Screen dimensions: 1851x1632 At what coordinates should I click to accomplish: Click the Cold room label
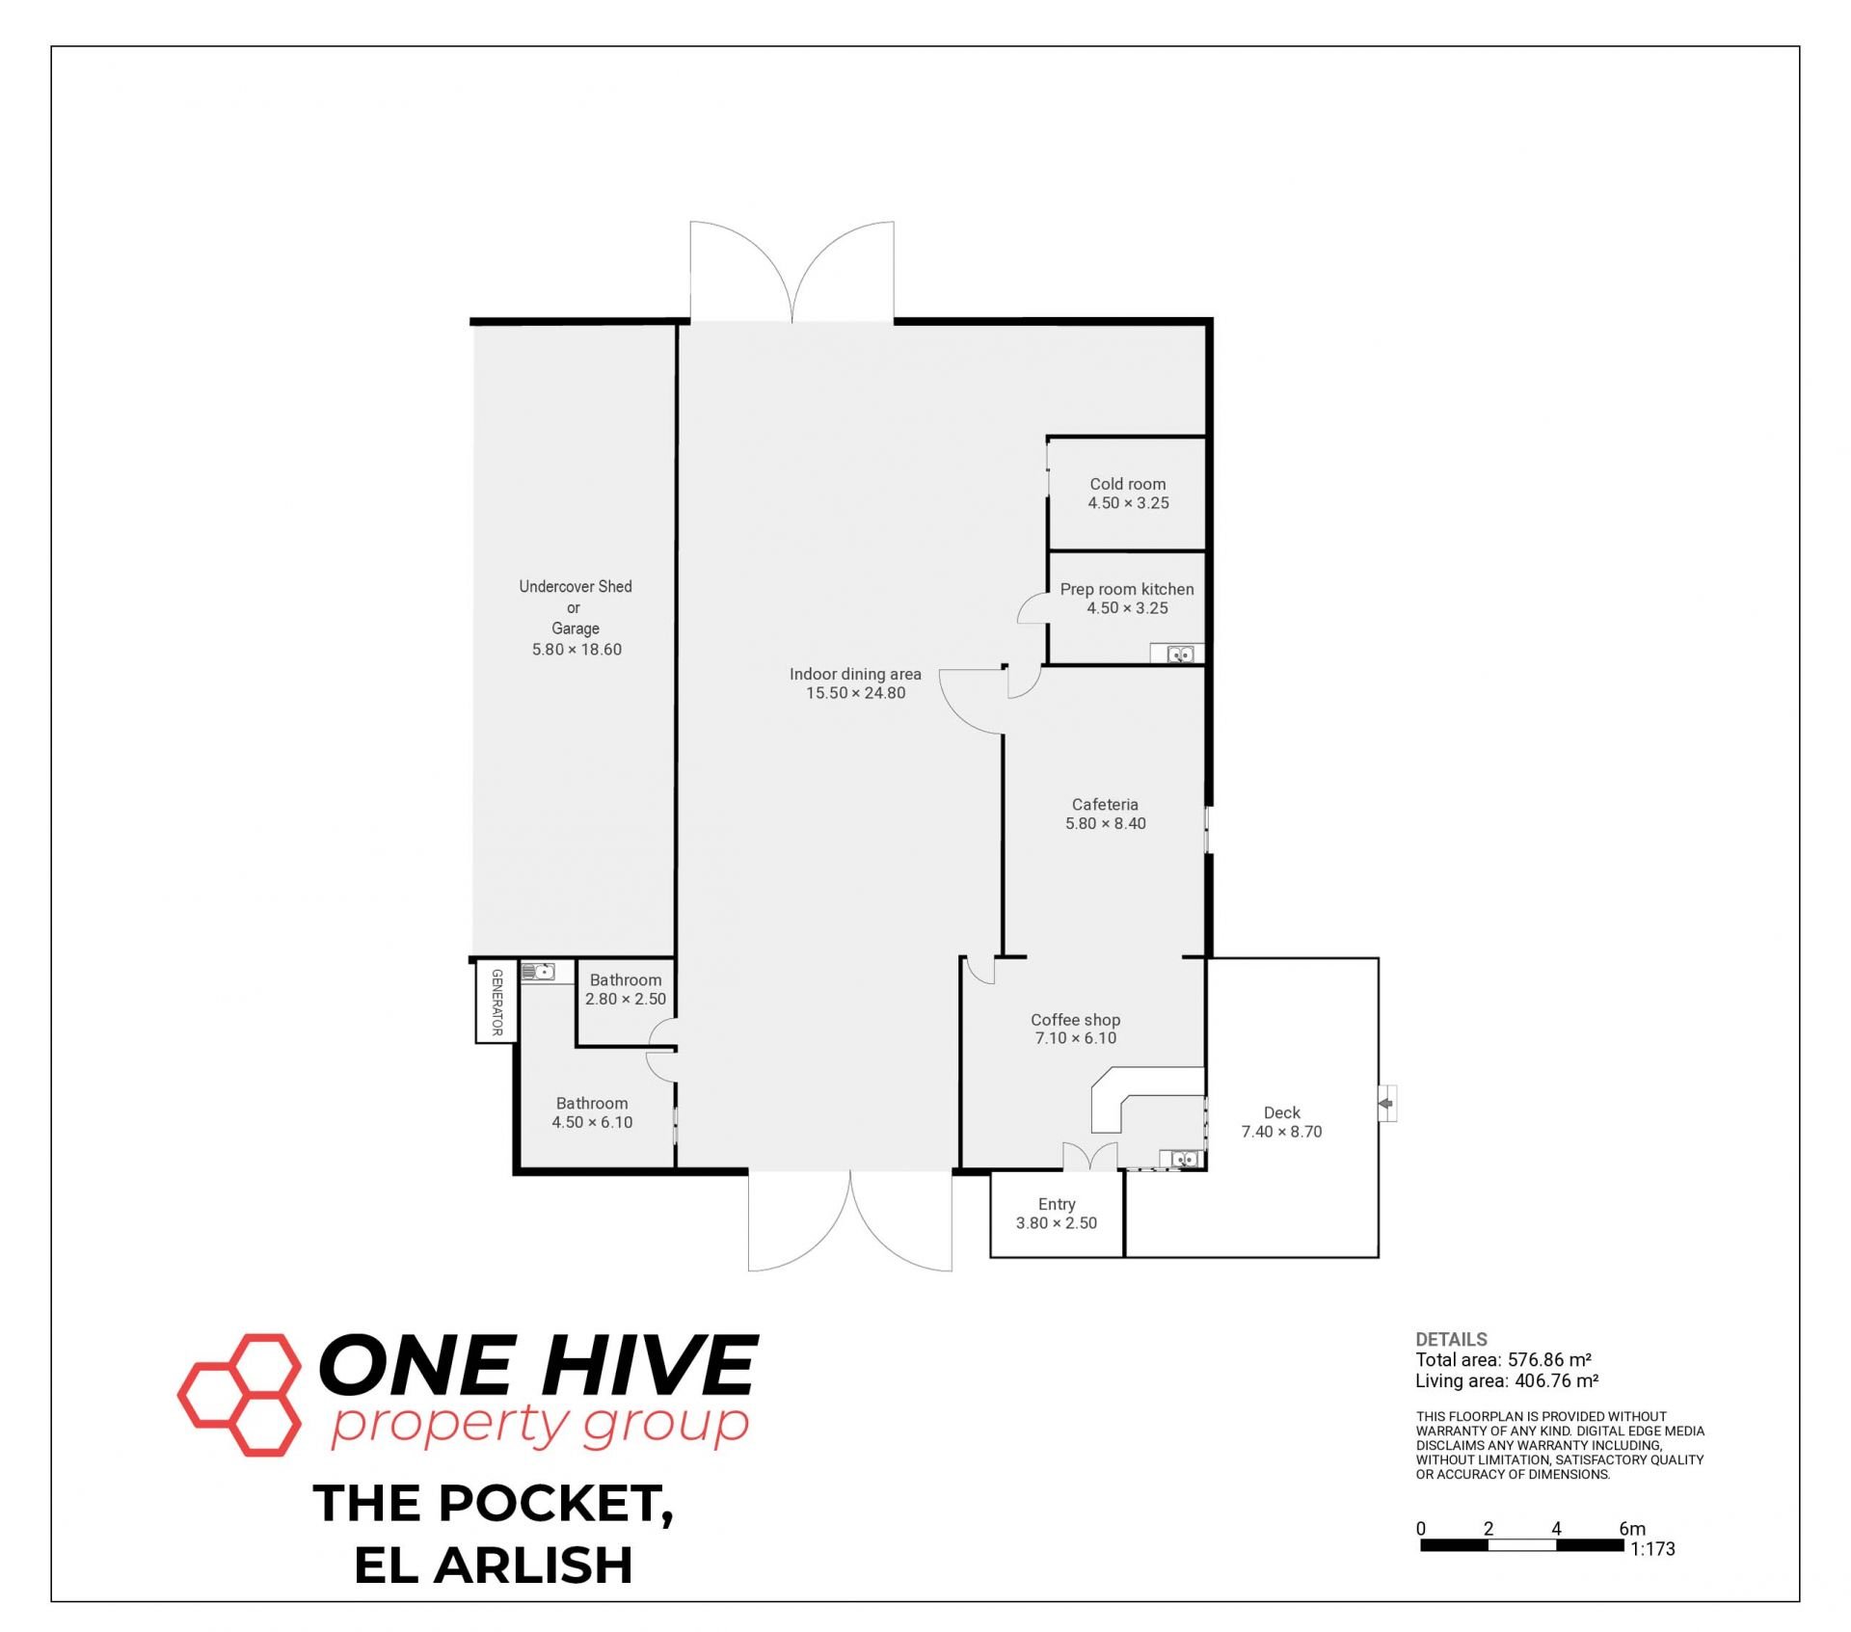[1128, 484]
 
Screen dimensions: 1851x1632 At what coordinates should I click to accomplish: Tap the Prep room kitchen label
[1127, 589]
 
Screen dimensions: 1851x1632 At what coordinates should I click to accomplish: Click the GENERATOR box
[496, 1003]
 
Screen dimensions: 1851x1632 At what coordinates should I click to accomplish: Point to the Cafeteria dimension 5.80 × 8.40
[1106, 823]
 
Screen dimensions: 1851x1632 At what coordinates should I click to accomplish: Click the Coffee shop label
[1076, 1020]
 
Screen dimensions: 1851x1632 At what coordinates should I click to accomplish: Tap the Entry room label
[1057, 1204]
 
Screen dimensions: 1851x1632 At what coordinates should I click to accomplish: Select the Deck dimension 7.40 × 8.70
[1281, 1132]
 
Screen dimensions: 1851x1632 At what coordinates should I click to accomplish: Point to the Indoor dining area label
[855, 674]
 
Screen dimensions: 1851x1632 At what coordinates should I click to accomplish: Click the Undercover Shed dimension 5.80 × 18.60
[577, 650]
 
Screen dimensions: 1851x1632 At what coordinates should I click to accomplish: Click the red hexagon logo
[239, 1394]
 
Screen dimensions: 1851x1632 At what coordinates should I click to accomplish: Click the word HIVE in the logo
[647, 1364]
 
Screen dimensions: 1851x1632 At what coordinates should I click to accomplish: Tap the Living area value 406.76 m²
[1557, 1381]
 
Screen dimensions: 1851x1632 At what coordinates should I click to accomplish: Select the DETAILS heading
[1451, 1339]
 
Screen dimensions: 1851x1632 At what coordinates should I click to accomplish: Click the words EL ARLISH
[494, 1565]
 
